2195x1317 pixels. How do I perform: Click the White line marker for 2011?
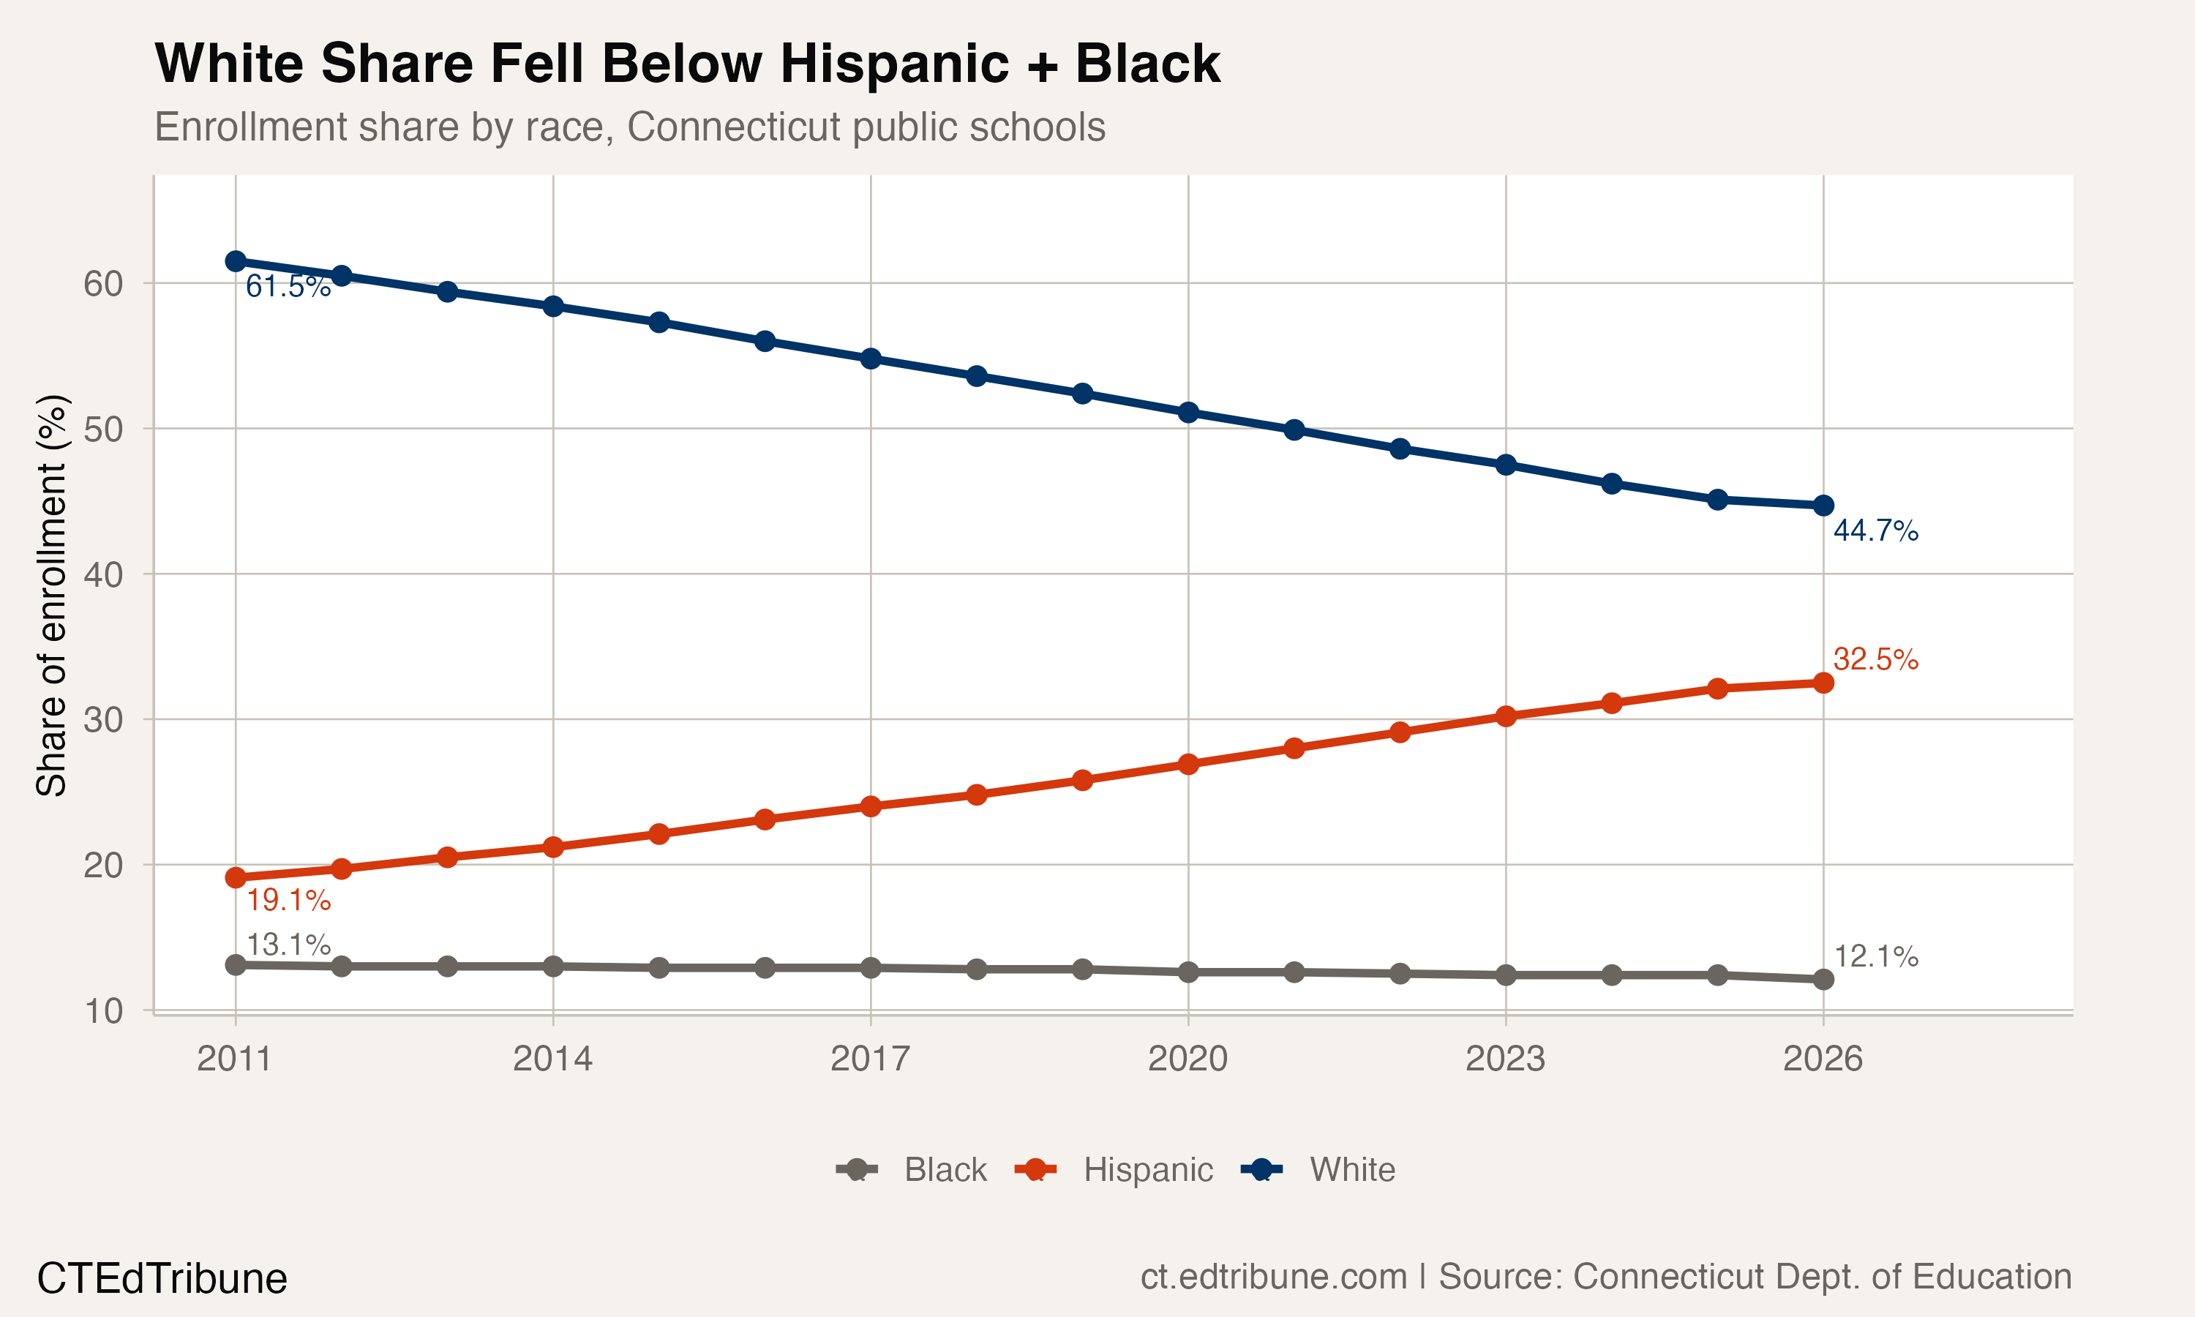click(235, 261)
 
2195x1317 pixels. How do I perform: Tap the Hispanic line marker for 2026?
click(1823, 683)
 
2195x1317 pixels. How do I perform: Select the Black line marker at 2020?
click(1188, 972)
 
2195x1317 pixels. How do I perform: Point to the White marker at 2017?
click(871, 359)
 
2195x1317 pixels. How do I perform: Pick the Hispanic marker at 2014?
click(552, 847)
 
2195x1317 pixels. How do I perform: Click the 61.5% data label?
click(288, 287)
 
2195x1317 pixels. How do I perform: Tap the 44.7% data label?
click(1875, 530)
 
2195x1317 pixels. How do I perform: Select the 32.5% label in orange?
click(1875, 659)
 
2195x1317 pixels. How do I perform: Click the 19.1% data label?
click(288, 901)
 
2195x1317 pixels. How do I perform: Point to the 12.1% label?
click(1875, 957)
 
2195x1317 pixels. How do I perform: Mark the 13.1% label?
click(288, 945)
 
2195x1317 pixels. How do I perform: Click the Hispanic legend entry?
click(1147, 1170)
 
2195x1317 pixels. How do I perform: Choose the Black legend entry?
click(945, 1170)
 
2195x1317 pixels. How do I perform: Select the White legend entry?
click(1352, 1170)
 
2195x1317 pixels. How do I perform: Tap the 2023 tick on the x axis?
click(1505, 1059)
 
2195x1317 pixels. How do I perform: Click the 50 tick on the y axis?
click(103, 429)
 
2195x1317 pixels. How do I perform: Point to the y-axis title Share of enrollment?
click(51, 595)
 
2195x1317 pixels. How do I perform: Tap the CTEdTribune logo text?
click(162, 1279)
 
